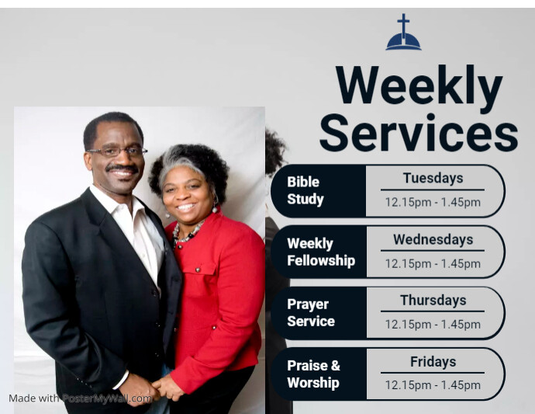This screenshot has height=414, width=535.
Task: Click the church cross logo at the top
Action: pyautogui.click(x=403, y=33)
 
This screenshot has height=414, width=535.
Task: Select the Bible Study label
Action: pyautogui.click(x=305, y=190)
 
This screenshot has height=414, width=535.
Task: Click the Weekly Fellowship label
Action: pyautogui.click(x=321, y=252)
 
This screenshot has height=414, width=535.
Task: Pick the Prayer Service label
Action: pyautogui.click(x=311, y=312)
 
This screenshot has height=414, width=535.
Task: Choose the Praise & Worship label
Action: pyautogui.click(x=313, y=374)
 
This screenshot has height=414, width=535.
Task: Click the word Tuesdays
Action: pyautogui.click(x=433, y=178)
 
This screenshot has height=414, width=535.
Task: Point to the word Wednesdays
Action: pyautogui.click(x=433, y=239)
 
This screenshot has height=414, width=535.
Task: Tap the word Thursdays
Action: pyautogui.click(x=433, y=300)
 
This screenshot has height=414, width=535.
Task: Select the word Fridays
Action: pyautogui.click(x=433, y=361)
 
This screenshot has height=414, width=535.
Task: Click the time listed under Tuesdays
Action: pyautogui.click(x=433, y=203)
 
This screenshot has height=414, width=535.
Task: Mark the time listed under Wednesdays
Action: pyautogui.click(x=433, y=263)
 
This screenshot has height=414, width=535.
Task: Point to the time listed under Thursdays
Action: pyautogui.click(x=433, y=325)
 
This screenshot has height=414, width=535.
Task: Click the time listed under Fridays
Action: pyautogui.click(x=433, y=385)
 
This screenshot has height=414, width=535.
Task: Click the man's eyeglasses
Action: pyautogui.click(x=116, y=151)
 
